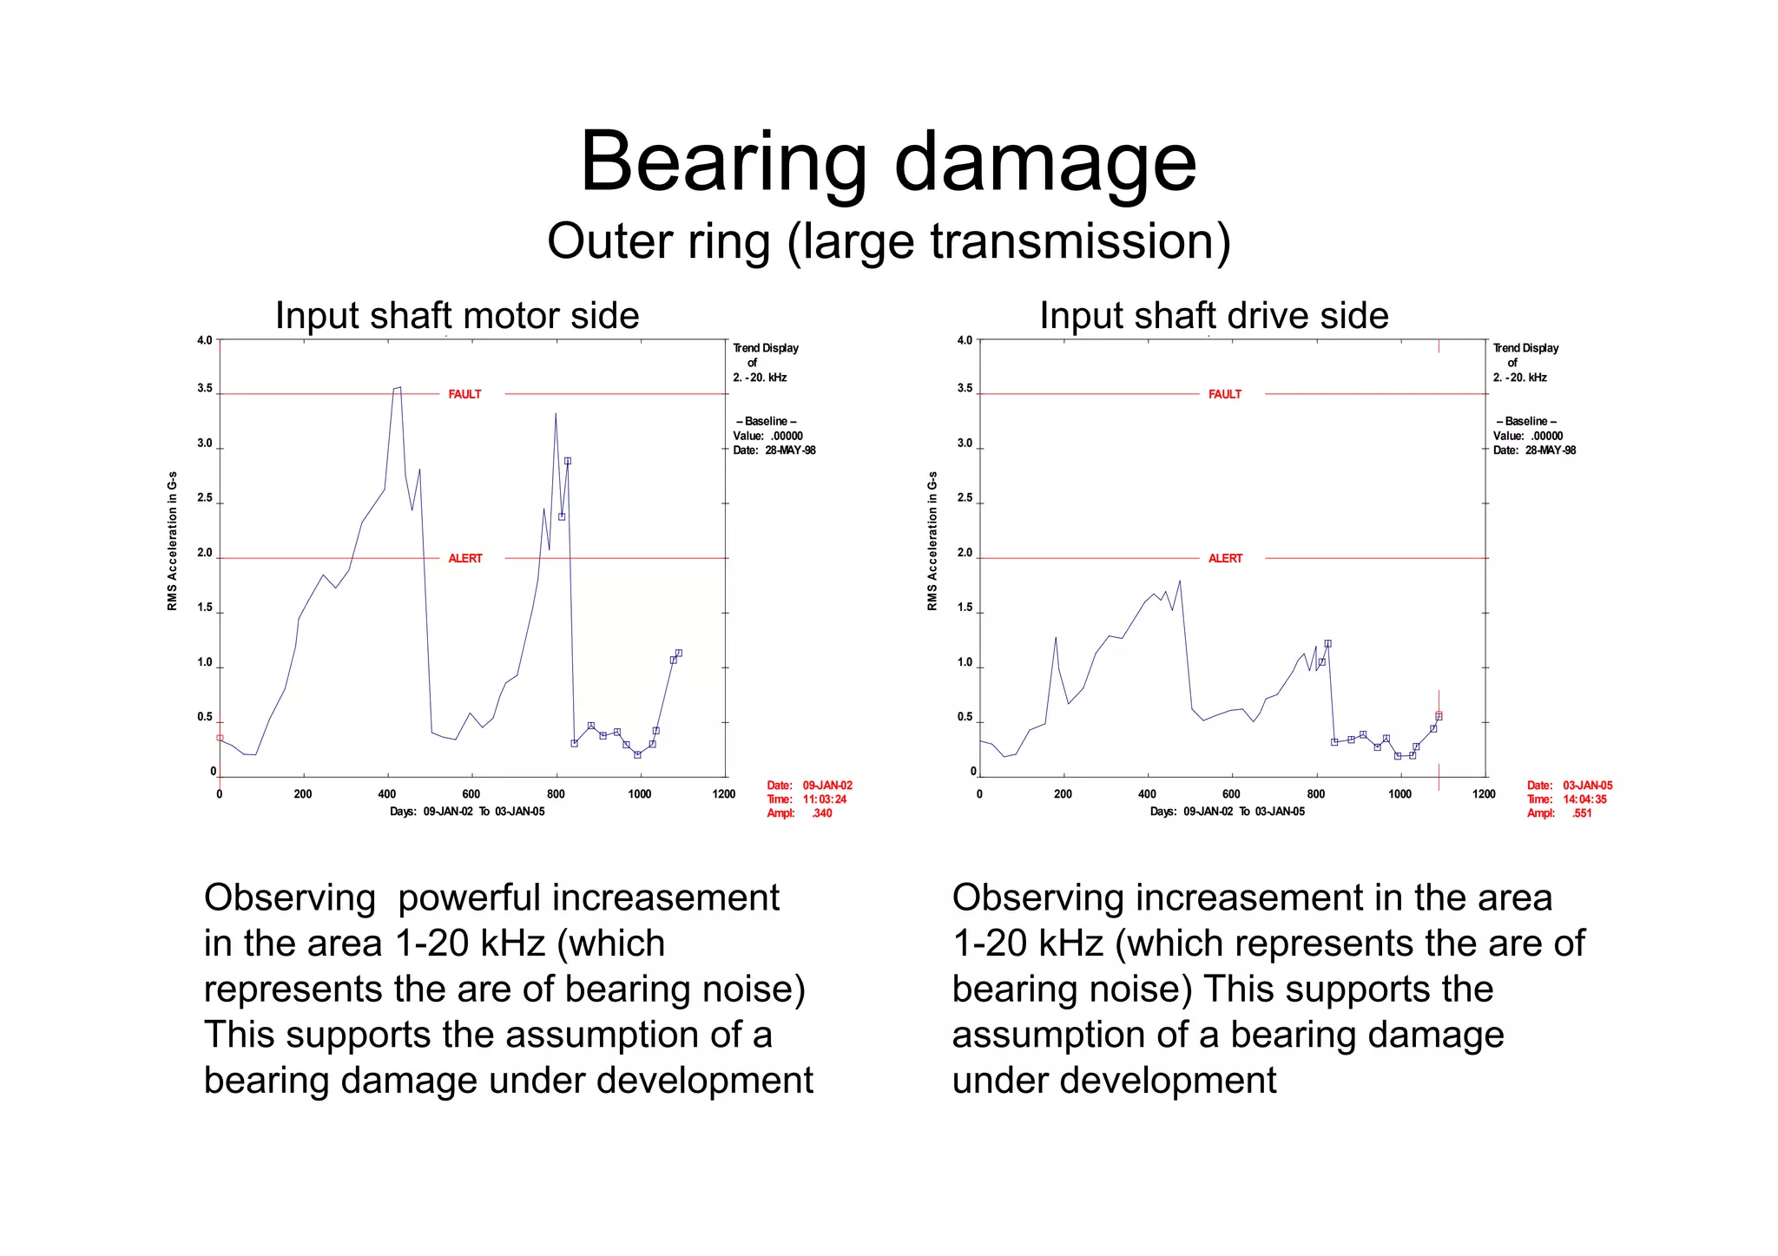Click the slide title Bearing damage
pyautogui.click(x=888, y=162)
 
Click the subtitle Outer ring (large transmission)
pyautogui.click(x=888, y=241)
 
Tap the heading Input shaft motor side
pyautogui.click(x=457, y=316)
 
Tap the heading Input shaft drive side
pyautogui.click(x=1214, y=316)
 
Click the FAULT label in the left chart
pyautogui.click(x=464, y=394)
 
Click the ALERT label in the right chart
pyautogui.click(x=1225, y=558)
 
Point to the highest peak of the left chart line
pyautogui.click(x=398, y=388)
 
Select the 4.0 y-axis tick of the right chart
pyautogui.click(x=965, y=340)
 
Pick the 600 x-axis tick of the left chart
pyautogui.click(x=471, y=794)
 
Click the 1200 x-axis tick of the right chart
pyautogui.click(x=1484, y=794)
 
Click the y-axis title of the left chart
pyautogui.click(x=172, y=540)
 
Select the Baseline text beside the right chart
pyautogui.click(x=1526, y=421)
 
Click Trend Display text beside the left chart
pyautogui.click(x=766, y=348)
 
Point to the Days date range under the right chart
pyautogui.click(x=1227, y=812)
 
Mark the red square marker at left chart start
pyautogui.click(x=220, y=738)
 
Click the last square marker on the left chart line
pyautogui.click(x=679, y=653)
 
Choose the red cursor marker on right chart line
pyautogui.click(x=1439, y=715)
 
